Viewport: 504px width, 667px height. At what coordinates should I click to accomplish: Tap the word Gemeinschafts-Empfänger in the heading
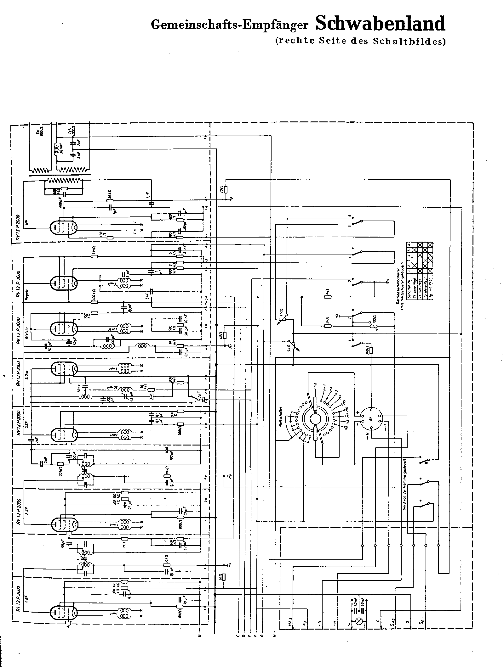coord(229,25)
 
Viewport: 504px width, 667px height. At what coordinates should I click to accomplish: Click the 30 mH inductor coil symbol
coord(57,148)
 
